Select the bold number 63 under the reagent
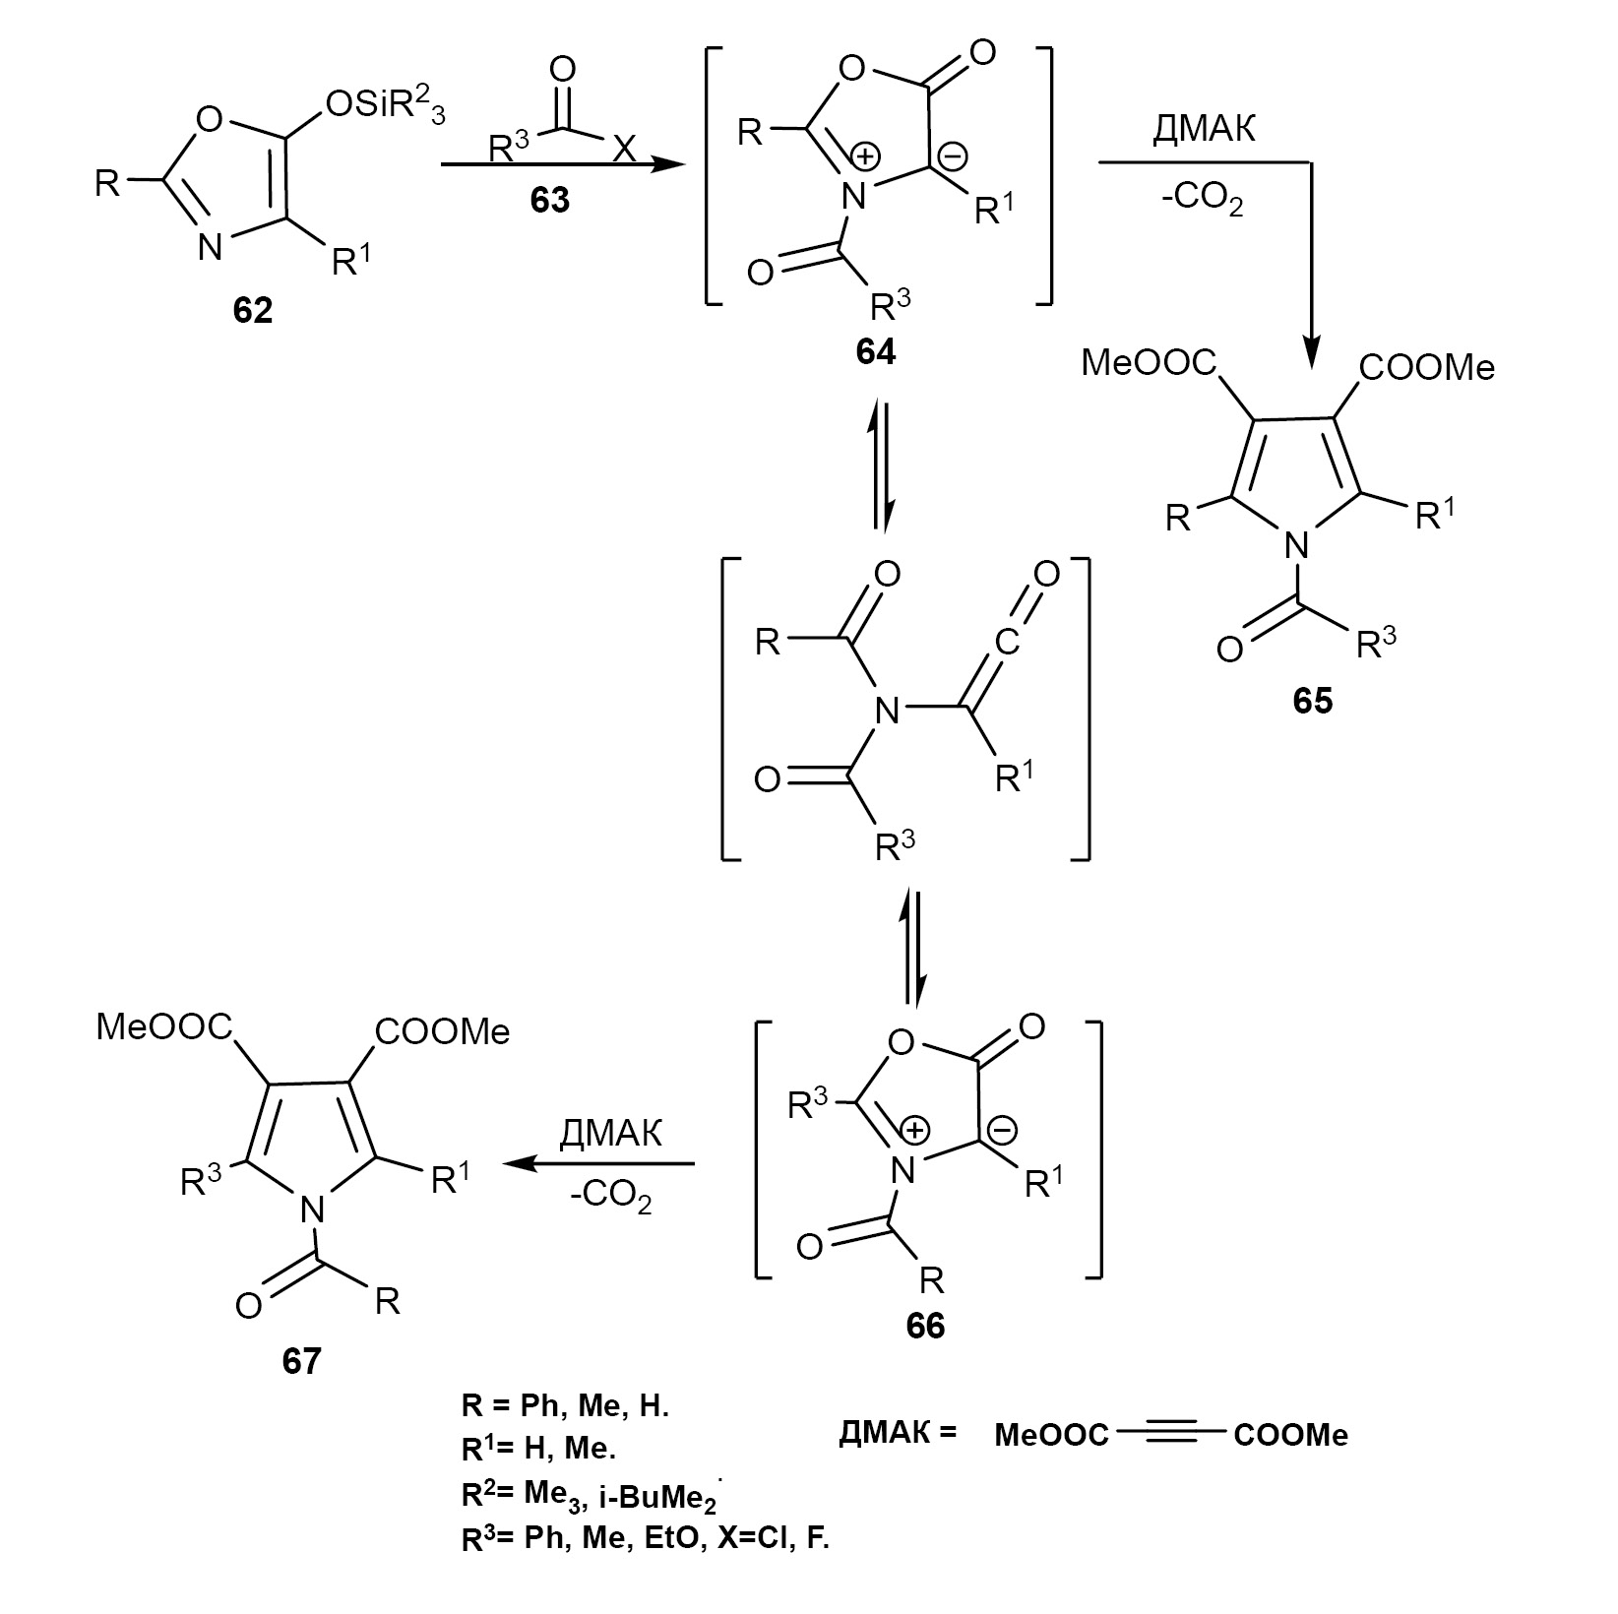tap(549, 200)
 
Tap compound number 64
tap(875, 351)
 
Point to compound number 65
tap(1313, 702)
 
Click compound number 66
tap(925, 1326)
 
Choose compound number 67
tap(300, 1361)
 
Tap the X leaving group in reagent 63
tap(624, 150)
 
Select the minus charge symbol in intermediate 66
tap(1003, 1132)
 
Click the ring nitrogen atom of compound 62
tap(210, 246)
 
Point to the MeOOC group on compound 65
tap(1150, 364)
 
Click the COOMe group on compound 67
tap(442, 1031)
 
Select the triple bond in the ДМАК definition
tap(1170, 1434)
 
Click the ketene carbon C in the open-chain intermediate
tap(1006, 641)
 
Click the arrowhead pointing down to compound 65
tap(1311, 351)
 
